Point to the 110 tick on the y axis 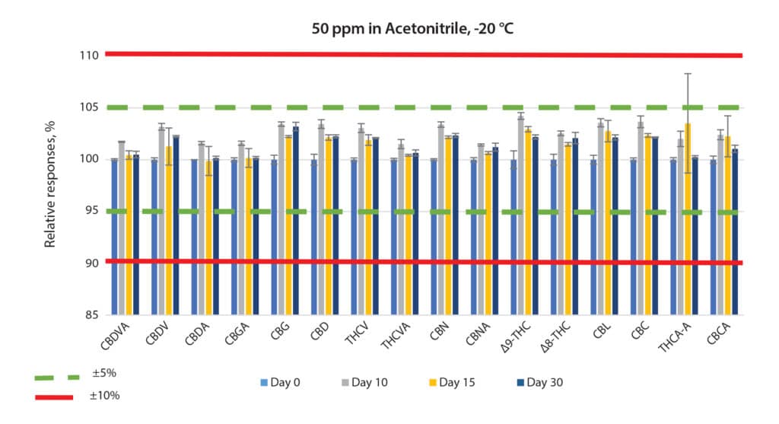click(x=88, y=56)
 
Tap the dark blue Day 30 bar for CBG click(x=296, y=221)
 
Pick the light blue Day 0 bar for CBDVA click(x=115, y=237)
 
